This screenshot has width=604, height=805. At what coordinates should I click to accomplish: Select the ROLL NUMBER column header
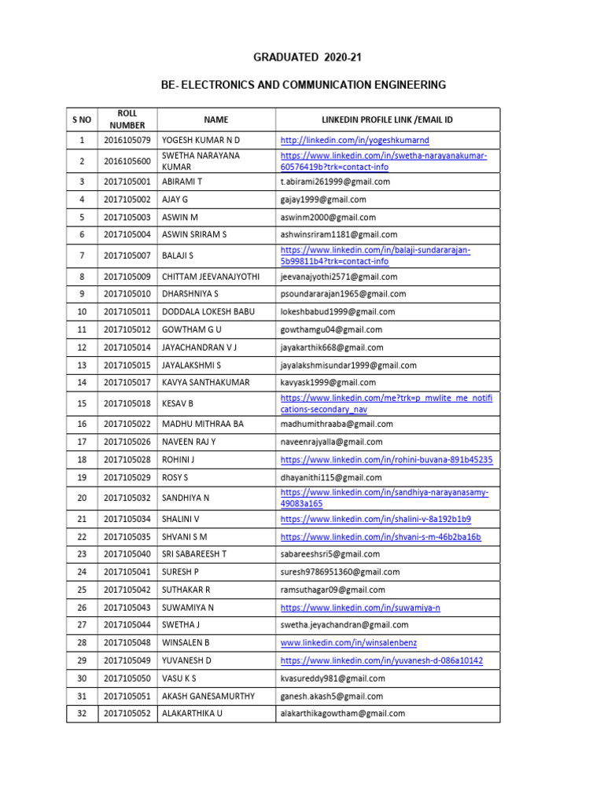point(127,119)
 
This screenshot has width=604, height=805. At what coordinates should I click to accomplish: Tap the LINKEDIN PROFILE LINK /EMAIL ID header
point(387,119)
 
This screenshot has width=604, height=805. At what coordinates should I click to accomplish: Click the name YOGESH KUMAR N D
point(201,141)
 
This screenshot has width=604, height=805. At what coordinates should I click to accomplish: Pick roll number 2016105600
point(127,161)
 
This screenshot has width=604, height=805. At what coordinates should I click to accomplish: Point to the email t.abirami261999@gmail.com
point(335,182)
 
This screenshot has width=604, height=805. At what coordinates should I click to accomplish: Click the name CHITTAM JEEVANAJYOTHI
point(212,277)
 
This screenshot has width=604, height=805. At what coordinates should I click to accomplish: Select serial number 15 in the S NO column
point(82,404)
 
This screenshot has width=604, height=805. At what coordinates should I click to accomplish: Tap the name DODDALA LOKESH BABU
point(208,312)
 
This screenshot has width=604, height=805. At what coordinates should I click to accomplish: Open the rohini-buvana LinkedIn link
point(386,459)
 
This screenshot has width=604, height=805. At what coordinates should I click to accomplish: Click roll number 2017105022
point(127,424)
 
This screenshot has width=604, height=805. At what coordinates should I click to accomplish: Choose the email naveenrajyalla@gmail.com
point(331,442)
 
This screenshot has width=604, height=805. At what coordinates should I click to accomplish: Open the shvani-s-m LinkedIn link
point(380,537)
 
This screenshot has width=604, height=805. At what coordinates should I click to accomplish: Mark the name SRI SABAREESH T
point(194,554)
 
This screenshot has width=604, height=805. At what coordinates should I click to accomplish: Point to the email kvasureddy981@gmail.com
point(333,678)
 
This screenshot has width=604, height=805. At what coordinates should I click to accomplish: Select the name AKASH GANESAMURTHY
point(208,696)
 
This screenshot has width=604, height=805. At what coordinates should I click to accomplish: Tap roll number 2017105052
point(127,714)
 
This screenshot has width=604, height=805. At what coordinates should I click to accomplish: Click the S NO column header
point(82,119)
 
